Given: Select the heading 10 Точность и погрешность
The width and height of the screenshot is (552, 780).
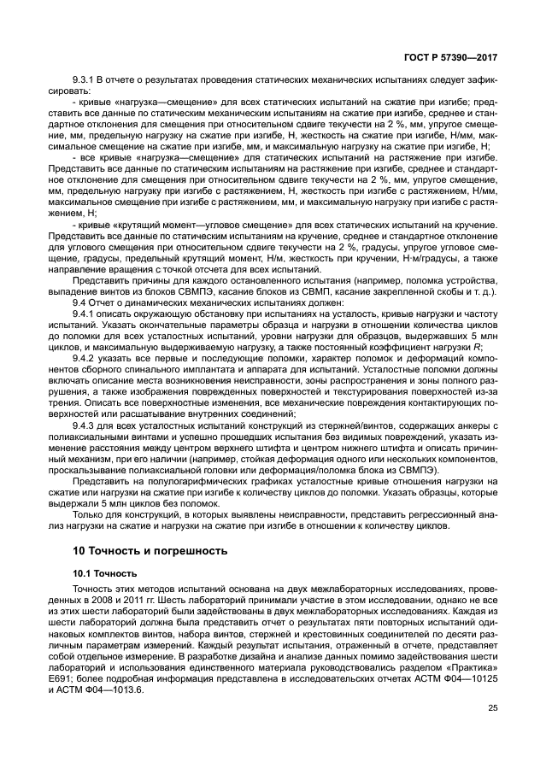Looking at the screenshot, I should pyautogui.click(x=150, y=551).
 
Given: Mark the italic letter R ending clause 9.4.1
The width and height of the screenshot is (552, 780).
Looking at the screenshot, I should pyautogui.click(x=493, y=347).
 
